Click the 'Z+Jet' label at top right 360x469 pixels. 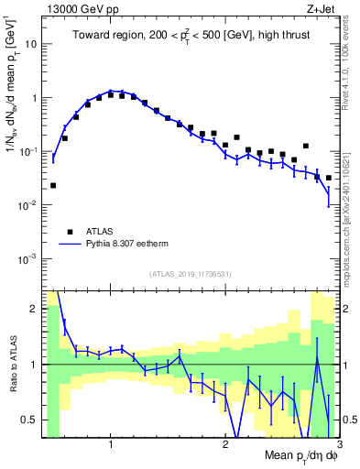point(322,9)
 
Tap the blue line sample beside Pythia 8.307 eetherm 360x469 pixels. point(69,245)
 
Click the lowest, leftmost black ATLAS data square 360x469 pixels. point(53,185)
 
